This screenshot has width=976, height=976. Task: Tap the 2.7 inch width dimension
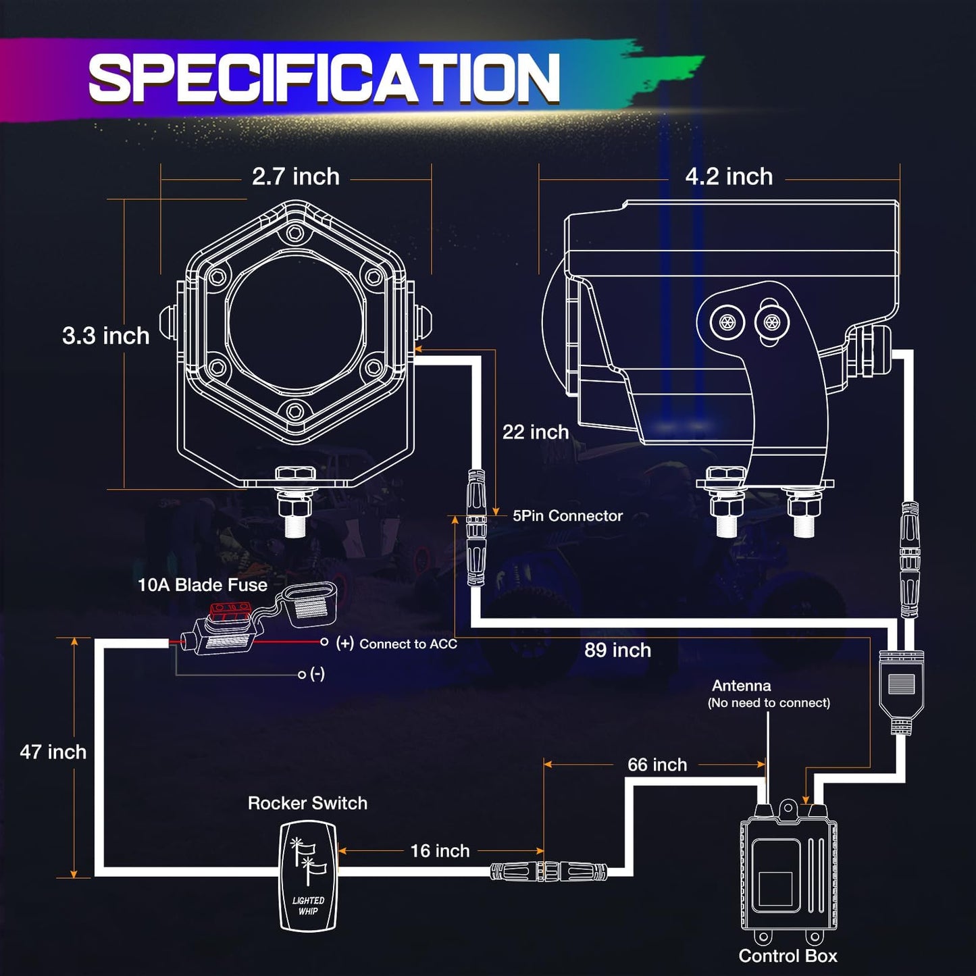295,177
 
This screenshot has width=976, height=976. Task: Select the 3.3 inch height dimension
105,336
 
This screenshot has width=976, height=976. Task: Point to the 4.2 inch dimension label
729,177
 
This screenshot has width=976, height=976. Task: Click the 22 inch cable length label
535,432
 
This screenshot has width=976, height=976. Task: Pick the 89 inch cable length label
617,650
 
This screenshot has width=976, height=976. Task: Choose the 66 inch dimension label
657,765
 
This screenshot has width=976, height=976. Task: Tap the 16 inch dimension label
440,851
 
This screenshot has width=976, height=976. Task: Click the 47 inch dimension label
53,752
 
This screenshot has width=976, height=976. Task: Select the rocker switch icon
308,875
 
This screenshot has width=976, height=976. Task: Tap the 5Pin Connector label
567,516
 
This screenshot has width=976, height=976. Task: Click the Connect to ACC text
408,644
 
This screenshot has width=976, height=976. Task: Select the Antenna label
741,686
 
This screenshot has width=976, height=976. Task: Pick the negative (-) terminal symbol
317,674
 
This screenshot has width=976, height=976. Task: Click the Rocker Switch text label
307,803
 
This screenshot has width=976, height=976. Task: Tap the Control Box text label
788,956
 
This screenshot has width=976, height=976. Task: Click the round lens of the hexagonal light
295,324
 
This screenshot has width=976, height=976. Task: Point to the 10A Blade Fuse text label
202,585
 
